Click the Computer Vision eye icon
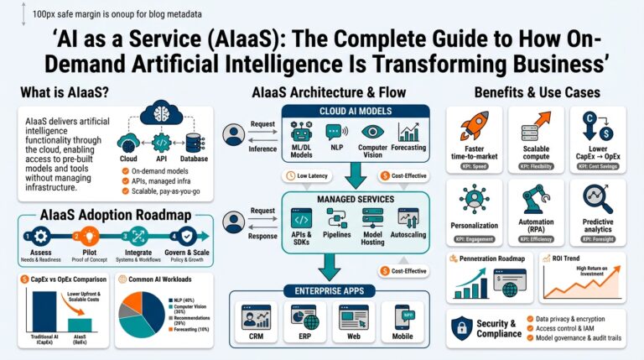[x=372, y=133]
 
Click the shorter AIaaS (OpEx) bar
[x=80, y=325]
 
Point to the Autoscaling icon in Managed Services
[x=409, y=217]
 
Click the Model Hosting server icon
[x=372, y=217]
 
